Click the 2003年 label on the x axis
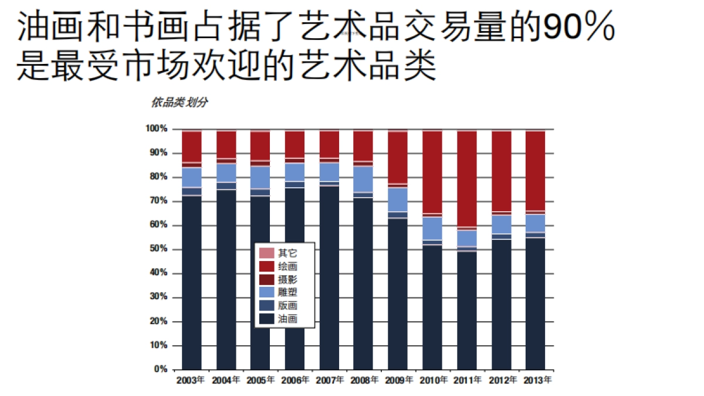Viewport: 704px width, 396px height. (191, 380)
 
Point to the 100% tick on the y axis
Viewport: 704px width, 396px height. (157, 128)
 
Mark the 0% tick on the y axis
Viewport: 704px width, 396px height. (161, 369)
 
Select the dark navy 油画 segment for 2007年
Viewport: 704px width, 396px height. (329, 276)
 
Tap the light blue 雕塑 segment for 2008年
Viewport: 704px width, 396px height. (363, 179)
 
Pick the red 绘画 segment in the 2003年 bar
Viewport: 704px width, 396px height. (191, 147)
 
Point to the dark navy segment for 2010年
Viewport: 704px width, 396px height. (432, 305)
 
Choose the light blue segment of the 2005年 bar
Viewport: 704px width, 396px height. (260, 177)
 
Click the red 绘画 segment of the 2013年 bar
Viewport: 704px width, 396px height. (535, 170)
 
